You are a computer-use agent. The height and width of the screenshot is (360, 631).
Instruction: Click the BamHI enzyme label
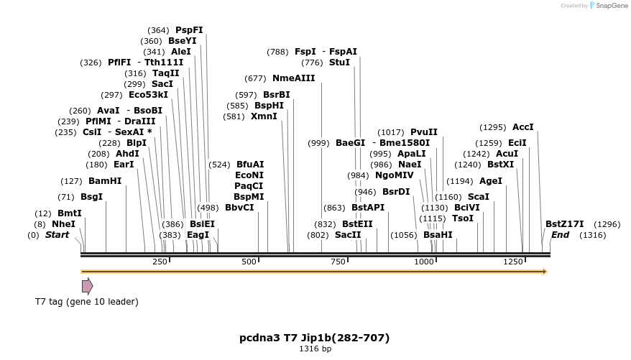coord(105,181)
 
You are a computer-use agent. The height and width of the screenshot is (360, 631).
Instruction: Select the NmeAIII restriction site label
coord(293,78)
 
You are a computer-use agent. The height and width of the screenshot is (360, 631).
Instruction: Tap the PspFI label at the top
coord(189,30)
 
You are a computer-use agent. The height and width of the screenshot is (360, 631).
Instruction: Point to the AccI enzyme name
coord(522,127)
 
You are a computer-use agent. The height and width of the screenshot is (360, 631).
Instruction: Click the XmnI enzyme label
coord(264,116)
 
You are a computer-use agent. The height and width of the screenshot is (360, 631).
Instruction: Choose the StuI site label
coord(339,63)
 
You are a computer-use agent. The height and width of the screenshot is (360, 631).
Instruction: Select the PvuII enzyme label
coord(423,132)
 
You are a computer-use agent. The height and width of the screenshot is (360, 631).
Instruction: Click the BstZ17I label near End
coord(564,224)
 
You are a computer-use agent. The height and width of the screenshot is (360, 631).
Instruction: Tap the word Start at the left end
coord(57,235)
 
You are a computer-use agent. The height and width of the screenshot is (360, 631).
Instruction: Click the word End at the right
coord(560,235)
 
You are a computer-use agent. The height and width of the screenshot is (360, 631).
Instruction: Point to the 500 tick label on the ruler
coord(249,262)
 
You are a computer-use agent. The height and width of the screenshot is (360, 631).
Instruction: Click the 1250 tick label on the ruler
coord(512,262)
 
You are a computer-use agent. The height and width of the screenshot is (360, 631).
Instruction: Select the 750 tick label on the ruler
coord(338,262)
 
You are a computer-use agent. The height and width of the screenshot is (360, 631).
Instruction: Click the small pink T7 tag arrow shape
coord(87,286)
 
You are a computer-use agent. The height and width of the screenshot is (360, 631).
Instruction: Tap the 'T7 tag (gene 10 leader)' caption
coord(87,302)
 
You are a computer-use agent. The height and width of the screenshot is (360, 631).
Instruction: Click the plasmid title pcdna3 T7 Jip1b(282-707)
coord(315,337)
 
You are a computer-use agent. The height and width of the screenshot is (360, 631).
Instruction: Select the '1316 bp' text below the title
coord(315,349)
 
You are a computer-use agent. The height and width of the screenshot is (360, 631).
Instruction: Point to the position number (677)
coord(255,78)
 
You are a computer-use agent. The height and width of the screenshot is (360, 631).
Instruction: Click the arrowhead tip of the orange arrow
coord(545,272)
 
